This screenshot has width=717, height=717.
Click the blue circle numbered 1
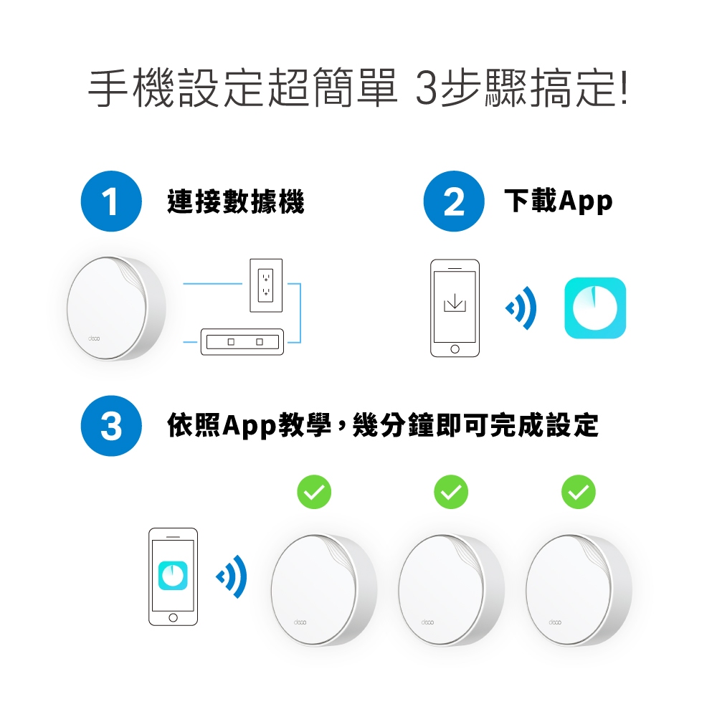111,201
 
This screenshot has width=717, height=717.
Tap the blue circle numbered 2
454,201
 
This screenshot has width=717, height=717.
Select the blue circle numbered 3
111,426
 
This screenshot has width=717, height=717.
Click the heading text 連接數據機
235,201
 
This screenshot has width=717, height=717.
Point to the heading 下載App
559,201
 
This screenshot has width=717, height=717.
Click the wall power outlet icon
266,286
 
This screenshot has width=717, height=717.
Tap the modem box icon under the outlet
242,341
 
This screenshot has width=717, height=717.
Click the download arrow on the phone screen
455,303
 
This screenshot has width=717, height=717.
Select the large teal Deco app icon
595,308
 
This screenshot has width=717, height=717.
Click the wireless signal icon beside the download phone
522,308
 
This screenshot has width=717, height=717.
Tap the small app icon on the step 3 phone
173,575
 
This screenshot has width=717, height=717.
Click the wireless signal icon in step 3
232,576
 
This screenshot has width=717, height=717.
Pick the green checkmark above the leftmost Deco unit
314,492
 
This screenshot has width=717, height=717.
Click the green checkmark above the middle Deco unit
451,492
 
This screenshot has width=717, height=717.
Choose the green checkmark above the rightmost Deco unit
579,492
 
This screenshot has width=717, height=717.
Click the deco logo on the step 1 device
94,338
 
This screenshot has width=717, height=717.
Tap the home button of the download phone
455,349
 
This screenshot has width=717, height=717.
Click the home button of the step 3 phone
173,618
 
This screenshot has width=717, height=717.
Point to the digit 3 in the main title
427,87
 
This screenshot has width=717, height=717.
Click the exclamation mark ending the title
625,87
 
